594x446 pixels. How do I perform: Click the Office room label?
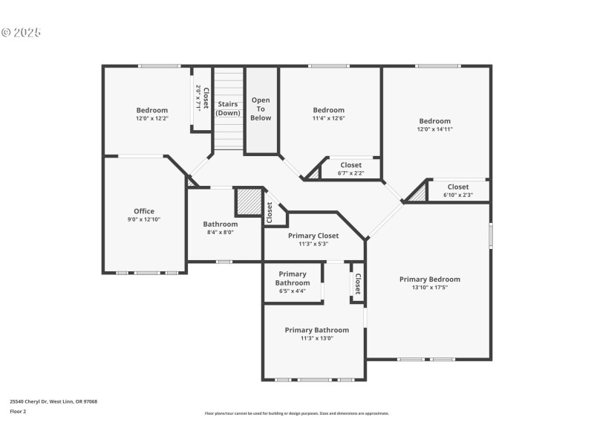click(144, 211)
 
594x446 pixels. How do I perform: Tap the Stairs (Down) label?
click(228, 109)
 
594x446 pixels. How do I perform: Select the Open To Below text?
click(261, 109)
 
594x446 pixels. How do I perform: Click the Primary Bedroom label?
click(429, 279)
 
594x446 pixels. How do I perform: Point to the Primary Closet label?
click(313, 236)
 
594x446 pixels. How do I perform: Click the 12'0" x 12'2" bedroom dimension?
click(151, 118)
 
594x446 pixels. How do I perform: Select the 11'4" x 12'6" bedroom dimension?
click(328, 118)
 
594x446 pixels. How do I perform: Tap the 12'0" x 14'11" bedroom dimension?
click(434, 129)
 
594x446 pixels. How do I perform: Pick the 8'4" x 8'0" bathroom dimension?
click(221, 232)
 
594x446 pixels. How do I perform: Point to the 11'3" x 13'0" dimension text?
click(317, 338)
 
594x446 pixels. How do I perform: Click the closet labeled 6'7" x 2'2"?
click(351, 169)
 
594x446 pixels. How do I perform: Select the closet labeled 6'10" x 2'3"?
click(458, 191)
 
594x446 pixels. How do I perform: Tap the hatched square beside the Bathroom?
click(247, 201)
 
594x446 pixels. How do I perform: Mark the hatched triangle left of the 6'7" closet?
click(313, 173)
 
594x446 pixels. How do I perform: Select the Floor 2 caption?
click(18, 411)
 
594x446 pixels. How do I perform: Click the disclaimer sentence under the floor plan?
click(297, 413)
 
